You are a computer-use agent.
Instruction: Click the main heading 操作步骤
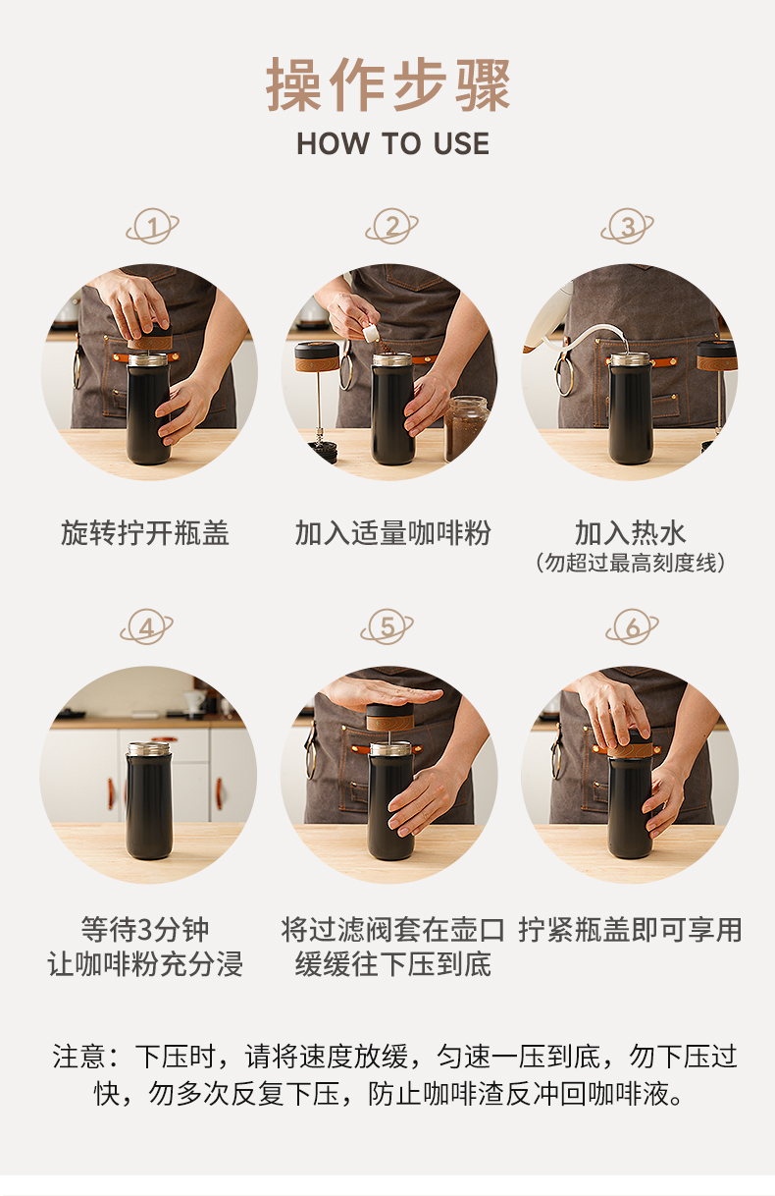point(388,85)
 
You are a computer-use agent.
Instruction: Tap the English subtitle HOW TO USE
point(393,143)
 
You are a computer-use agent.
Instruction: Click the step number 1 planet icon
point(152,226)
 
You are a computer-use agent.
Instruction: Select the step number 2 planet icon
point(392,226)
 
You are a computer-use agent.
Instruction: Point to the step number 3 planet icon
point(627,226)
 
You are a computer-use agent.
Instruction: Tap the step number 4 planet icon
point(147,626)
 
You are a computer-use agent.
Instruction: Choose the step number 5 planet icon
point(387,626)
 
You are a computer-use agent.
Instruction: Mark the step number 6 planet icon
point(633,626)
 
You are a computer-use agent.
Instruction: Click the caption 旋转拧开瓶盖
point(145,533)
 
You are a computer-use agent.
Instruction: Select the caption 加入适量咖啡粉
point(393,533)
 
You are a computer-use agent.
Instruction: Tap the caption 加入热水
point(631,532)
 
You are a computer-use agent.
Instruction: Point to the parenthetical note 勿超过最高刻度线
point(631,563)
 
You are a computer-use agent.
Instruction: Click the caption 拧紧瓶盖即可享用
point(631,930)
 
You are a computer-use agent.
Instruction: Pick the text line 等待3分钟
point(145,930)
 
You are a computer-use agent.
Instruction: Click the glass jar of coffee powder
point(466,428)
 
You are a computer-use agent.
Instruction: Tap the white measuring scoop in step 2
point(372,333)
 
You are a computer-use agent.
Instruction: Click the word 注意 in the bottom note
point(79,1057)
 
